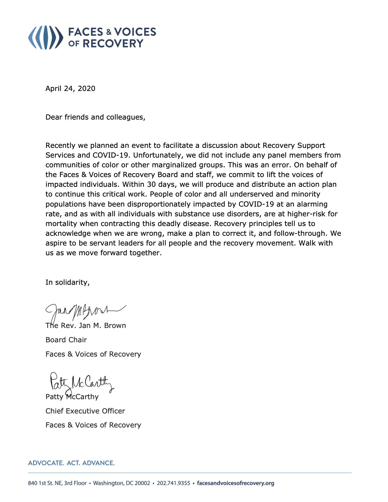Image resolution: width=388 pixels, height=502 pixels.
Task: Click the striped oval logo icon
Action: (46, 37)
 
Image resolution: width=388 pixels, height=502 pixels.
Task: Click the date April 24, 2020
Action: (70, 89)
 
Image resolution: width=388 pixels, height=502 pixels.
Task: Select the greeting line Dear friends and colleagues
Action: (95, 117)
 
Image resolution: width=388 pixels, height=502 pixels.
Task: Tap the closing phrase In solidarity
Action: (68, 282)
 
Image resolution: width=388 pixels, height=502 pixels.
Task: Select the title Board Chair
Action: (66, 340)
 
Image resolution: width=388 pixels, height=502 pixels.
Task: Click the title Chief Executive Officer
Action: (85, 411)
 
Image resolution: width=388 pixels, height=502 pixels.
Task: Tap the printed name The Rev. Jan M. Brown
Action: (86, 326)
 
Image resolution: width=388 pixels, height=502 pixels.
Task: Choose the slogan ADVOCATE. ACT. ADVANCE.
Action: (72, 463)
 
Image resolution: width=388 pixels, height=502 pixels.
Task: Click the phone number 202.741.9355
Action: (173, 483)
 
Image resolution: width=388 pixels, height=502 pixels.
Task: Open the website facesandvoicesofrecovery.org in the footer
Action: (236, 483)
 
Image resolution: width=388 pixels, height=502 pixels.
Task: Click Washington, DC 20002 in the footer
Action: (121, 483)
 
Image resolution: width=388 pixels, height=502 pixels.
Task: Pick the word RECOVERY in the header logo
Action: (113, 44)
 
